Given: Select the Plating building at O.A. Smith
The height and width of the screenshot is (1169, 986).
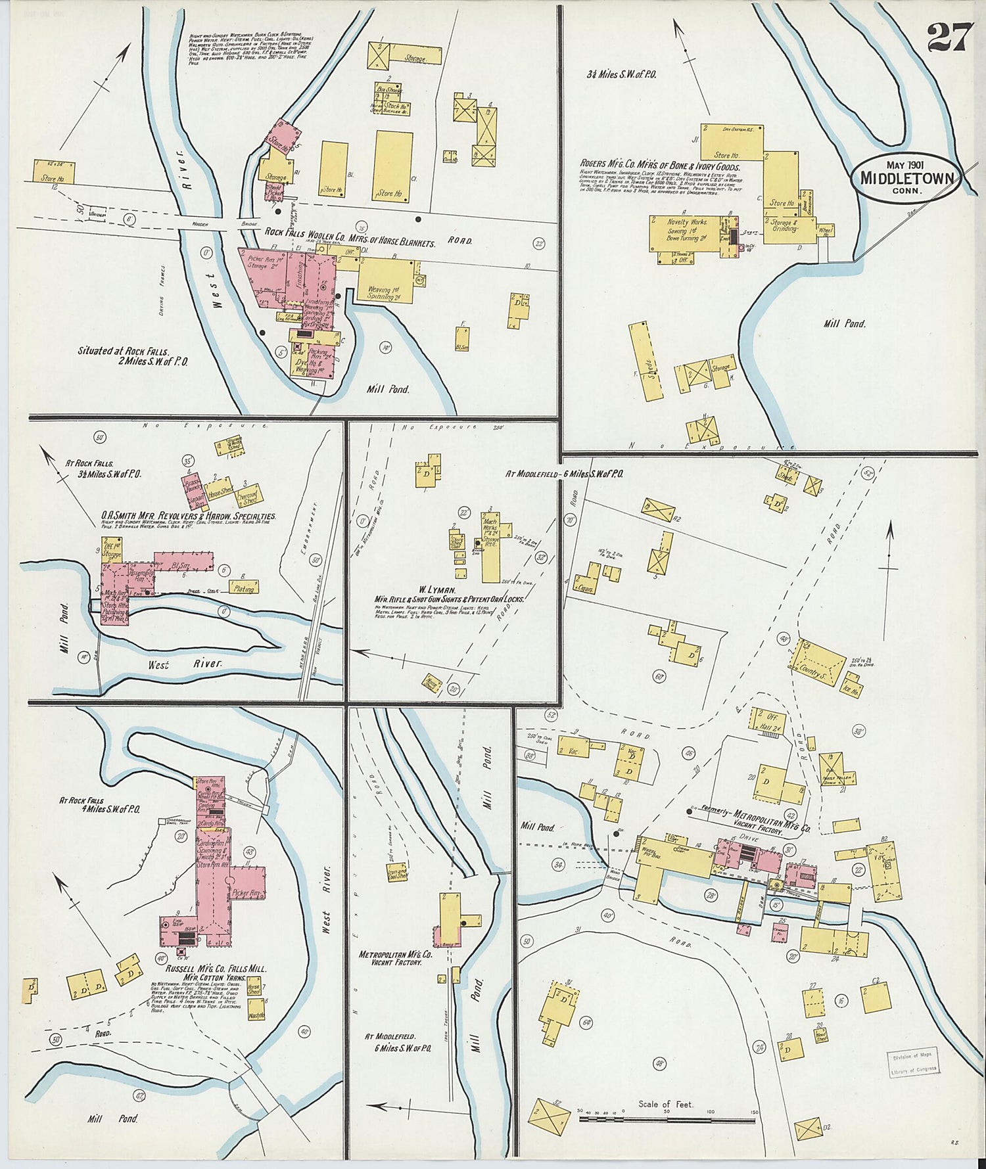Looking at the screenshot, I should pyautogui.click(x=243, y=587).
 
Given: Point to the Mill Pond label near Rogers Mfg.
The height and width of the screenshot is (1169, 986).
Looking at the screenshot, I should pyautogui.click(x=844, y=323).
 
